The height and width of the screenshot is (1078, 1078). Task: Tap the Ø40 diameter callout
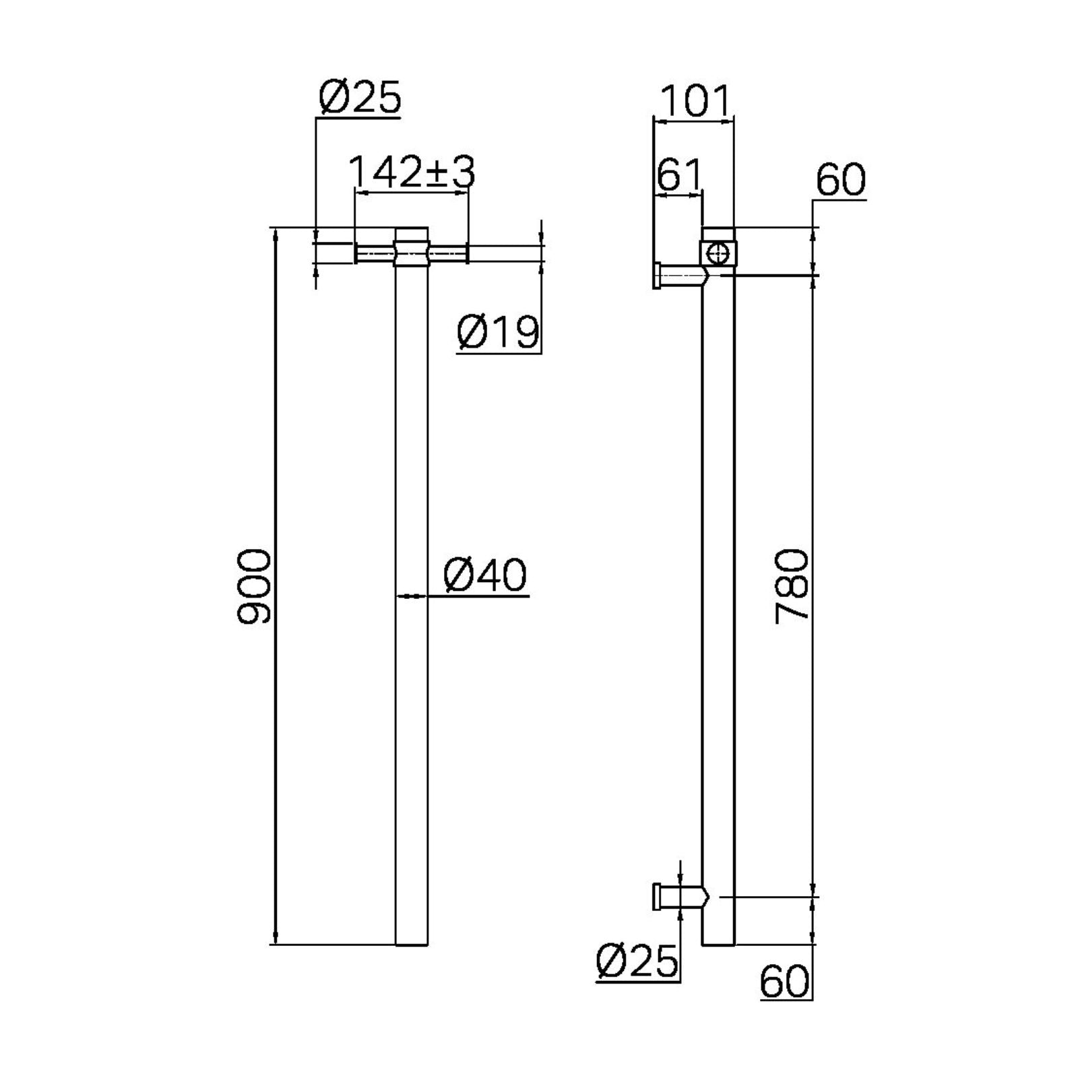(485, 577)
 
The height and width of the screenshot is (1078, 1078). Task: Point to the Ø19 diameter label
(499, 331)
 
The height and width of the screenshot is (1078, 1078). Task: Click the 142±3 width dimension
(412, 172)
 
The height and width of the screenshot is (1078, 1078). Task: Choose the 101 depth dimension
(694, 102)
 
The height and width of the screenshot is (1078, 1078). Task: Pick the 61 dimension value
(678, 176)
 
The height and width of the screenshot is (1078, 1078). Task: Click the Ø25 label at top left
(360, 98)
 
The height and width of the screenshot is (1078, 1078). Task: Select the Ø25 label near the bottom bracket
(637, 961)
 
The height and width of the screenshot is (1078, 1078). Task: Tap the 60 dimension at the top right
(840, 180)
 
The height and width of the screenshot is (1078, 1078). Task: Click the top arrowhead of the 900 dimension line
(275, 232)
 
